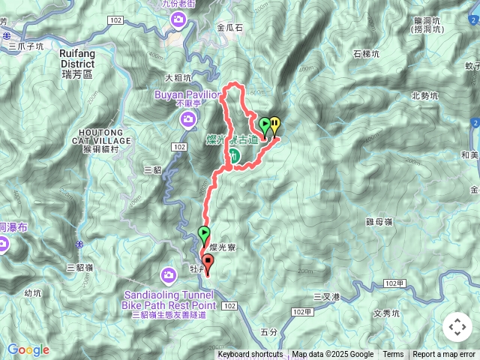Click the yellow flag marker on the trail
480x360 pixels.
point(275,126)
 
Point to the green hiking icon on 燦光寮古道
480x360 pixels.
point(234,155)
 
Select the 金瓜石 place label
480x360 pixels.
point(229,27)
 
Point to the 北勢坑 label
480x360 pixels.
point(426,95)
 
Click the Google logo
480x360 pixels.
point(28,349)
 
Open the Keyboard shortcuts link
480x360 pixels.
point(250,355)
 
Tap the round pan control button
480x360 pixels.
point(457,327)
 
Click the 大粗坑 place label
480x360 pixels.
point(178,77)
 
